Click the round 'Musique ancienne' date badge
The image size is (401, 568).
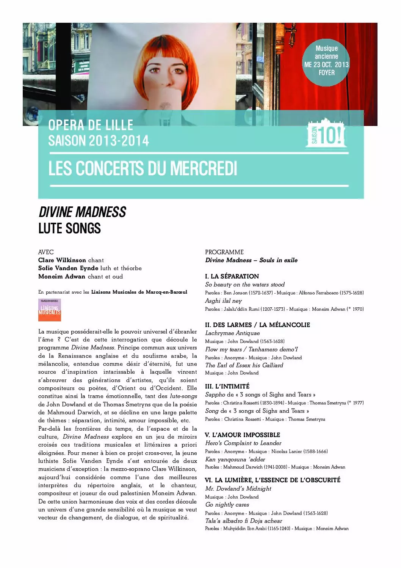click(x=326, y=61)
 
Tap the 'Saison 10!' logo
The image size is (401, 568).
click(x=326, y=134)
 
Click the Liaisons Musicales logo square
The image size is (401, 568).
click(x=49, y=310)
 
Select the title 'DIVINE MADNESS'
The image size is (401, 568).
click(x=82, y=212)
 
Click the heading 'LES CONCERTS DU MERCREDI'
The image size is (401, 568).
click(x=143, y=168)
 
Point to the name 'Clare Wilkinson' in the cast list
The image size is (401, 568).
click(x=62, y=260)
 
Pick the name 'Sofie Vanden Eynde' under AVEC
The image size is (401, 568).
click(x=68, y=268)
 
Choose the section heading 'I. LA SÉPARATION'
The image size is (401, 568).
click(x=232, y=276)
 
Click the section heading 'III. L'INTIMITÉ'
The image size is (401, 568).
click(x=227, y=386)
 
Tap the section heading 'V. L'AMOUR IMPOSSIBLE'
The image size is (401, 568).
click(x=242, y=435)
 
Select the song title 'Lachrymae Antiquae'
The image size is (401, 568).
click(x=232, y=333)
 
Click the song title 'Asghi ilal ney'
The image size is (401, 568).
click(x=223, y=301)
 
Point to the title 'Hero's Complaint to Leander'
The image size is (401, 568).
click(x=243, y=443)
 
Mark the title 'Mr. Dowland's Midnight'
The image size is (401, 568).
click(x=238, y=489)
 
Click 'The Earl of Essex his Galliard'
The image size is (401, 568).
click(x=244, y=365)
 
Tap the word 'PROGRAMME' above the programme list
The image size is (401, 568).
click(x=224, y=252)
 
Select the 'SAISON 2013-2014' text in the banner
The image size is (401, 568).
click(x=99, y=141)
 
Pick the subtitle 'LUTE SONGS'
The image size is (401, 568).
click(x=70, y=228)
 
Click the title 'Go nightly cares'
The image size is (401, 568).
click(x=227, y=505)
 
